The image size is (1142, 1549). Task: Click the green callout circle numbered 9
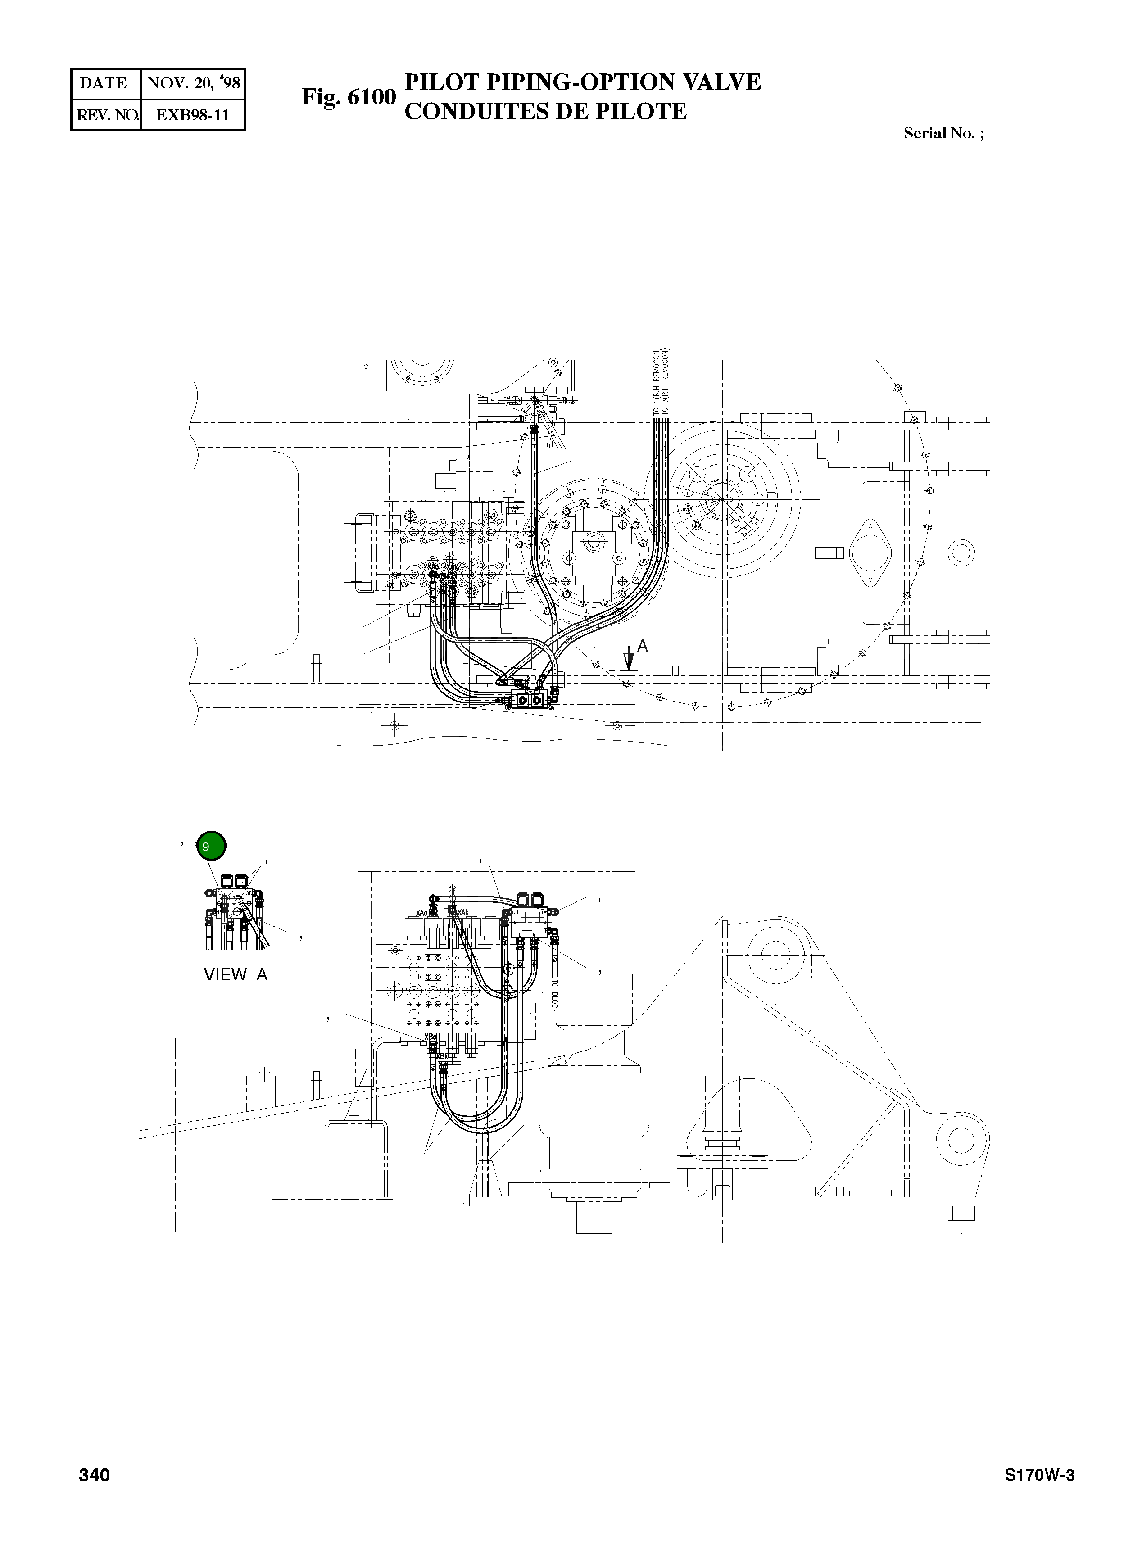click(x=211, y=846)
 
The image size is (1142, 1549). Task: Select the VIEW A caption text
click(x=236, y=974)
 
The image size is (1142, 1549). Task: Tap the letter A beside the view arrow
click(x=642, y=646)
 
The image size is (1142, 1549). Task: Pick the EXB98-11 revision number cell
click(x=192, y=115)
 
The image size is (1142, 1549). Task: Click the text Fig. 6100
click(x=349, y=97)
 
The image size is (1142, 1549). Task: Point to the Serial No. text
click(x=943, y=133)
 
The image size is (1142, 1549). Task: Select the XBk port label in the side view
click(x=442, y=1056)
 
